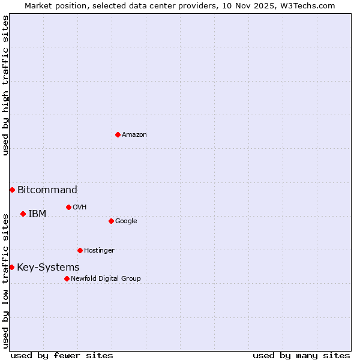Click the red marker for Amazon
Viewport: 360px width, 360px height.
[118, 134]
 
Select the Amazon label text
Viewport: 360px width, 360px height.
[134, 135]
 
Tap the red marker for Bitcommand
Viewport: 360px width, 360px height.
[12, 190]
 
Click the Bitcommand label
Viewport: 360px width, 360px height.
[47, 190]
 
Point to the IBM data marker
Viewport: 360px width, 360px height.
[23, 214]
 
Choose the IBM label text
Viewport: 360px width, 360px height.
[37, 214]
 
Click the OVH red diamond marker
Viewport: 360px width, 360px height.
[68, 207]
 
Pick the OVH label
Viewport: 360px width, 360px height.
[80, 208]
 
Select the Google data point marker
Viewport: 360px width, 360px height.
[111, 221]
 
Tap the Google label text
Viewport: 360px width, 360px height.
[126, 221]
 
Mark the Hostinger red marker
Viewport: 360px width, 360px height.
[80, 250]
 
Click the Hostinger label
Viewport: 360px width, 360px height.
[99, 251]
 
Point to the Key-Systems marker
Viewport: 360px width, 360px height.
[11, 267]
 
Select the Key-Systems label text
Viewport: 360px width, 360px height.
[48, 268]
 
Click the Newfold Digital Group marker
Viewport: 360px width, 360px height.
[67, 278]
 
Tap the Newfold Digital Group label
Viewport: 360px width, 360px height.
[106, 279]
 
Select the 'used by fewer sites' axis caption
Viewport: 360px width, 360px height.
[62, 355]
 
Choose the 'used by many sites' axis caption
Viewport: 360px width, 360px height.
[301, 355]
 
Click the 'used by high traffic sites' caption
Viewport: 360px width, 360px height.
[5, 85]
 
